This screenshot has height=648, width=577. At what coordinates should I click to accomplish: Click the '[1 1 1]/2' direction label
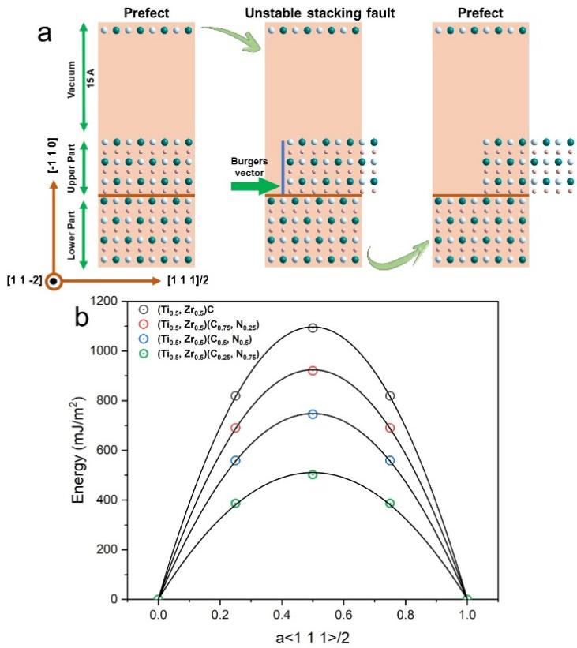(192, 280)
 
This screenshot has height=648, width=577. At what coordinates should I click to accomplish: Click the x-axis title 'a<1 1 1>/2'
(313, 636)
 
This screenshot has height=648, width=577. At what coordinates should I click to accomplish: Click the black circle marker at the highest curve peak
(313, 328)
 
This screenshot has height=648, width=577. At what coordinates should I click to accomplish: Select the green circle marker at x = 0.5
(313, 474)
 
